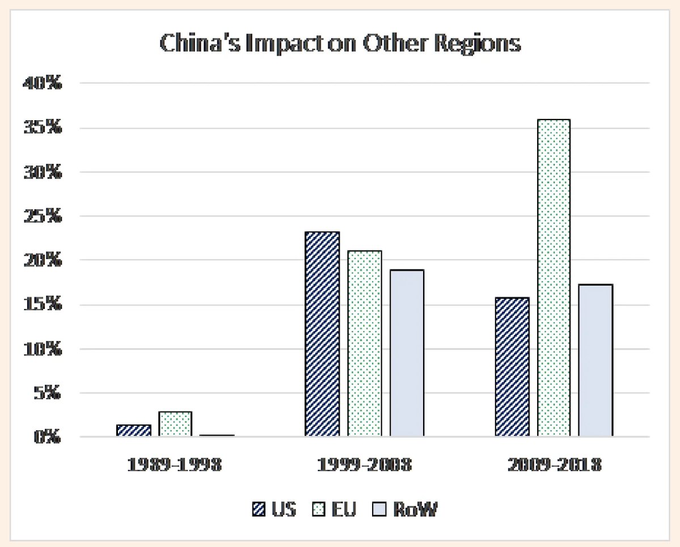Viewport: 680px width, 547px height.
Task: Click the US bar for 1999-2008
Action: click(322, 334)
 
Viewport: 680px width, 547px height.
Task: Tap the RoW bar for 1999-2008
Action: click(407, 353)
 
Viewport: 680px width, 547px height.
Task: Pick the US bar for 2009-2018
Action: click(512, 367)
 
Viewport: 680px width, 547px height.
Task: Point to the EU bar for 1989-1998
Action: click(175, 424)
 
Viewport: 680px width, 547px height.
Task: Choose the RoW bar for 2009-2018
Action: click(595, 361)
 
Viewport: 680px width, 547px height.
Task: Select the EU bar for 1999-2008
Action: click(364, 344)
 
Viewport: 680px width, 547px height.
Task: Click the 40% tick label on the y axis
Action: click(41, 84)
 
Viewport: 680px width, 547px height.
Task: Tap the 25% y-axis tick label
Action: click(41, 217)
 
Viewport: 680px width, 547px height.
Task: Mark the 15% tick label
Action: click(41, 305)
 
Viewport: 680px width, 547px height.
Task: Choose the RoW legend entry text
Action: click(418, 510)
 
